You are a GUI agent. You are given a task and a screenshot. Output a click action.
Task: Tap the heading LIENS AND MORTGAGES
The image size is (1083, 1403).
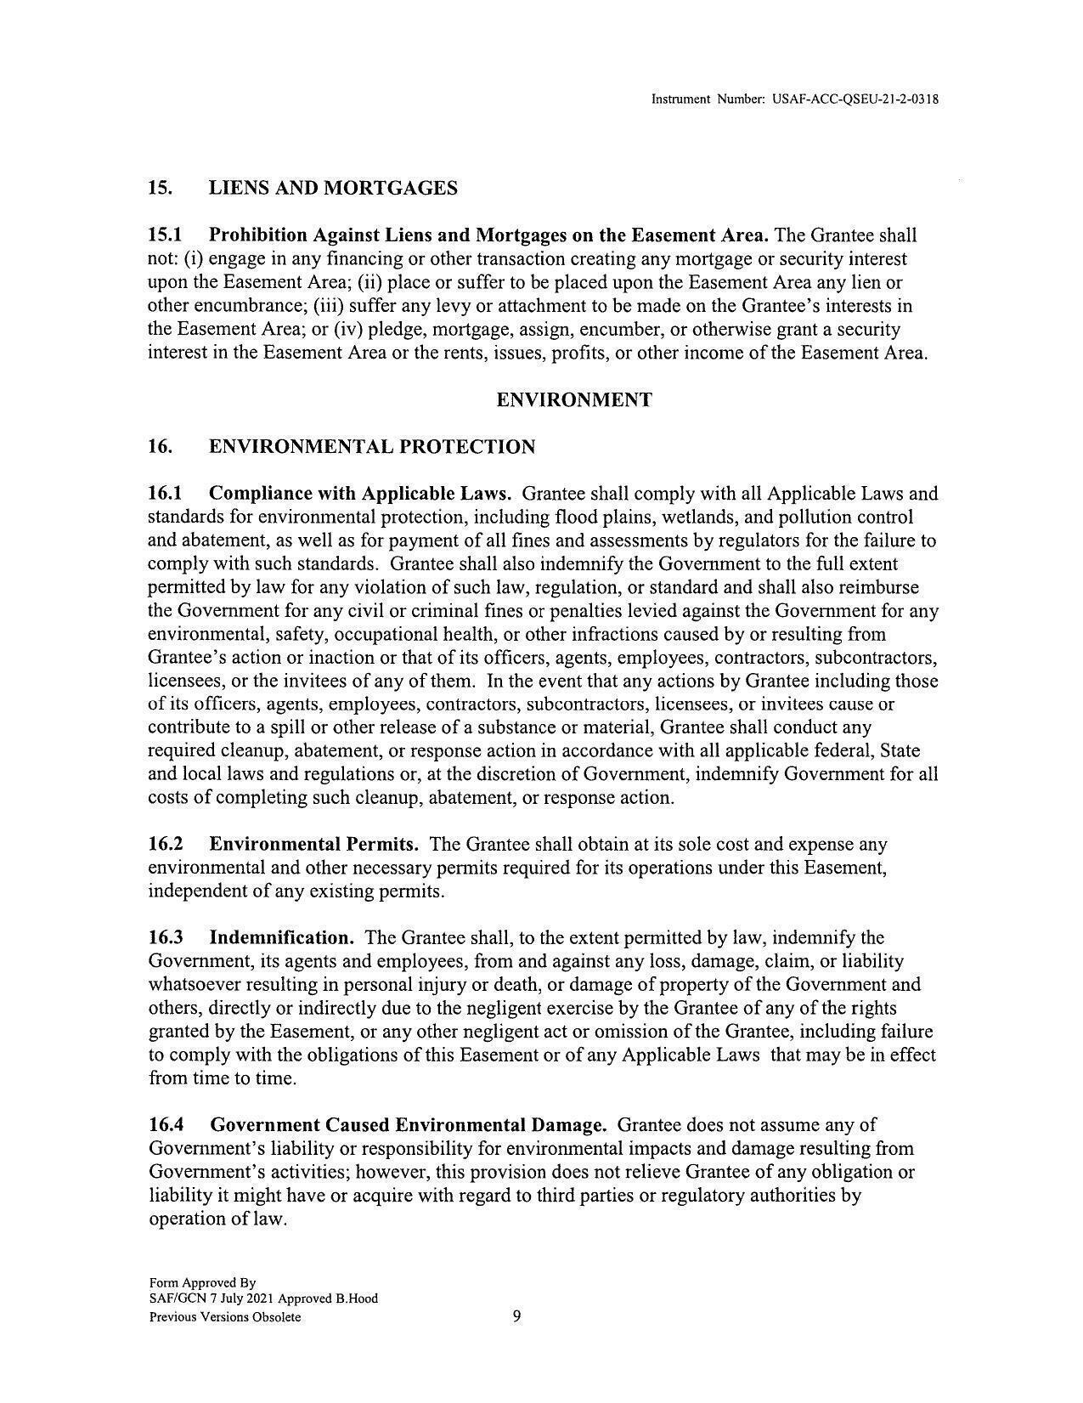(x=333, y=188)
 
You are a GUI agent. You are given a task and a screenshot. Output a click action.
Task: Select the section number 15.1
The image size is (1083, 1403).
(x=166, y=235)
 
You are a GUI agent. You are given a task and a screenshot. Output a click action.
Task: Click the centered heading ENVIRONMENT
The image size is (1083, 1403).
(x=574, y=399)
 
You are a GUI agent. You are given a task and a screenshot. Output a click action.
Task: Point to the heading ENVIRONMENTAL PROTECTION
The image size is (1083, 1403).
(x=372, y=446)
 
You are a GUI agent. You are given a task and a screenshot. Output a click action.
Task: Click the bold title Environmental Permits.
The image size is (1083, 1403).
(x=313, y=844)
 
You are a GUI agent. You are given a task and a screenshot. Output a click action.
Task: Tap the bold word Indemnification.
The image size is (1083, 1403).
(x=281, y=937)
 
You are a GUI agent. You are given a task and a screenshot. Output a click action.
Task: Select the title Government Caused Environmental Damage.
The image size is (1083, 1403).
(x=408, y=1124)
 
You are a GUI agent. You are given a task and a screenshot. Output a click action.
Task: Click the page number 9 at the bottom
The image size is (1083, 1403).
(x=517, y=1316)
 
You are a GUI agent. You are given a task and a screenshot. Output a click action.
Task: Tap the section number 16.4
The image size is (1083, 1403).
(x=166, y=1124)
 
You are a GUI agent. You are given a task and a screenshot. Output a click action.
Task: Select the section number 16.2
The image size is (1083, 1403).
(x=166, y=844)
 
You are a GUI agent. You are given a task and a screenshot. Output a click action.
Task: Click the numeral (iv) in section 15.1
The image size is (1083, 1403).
(x=367, y=329)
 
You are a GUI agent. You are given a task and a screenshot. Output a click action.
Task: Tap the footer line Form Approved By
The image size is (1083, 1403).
(x=202, y=1282)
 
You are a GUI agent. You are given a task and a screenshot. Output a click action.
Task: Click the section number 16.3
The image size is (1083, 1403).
(x=166, y=937)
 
